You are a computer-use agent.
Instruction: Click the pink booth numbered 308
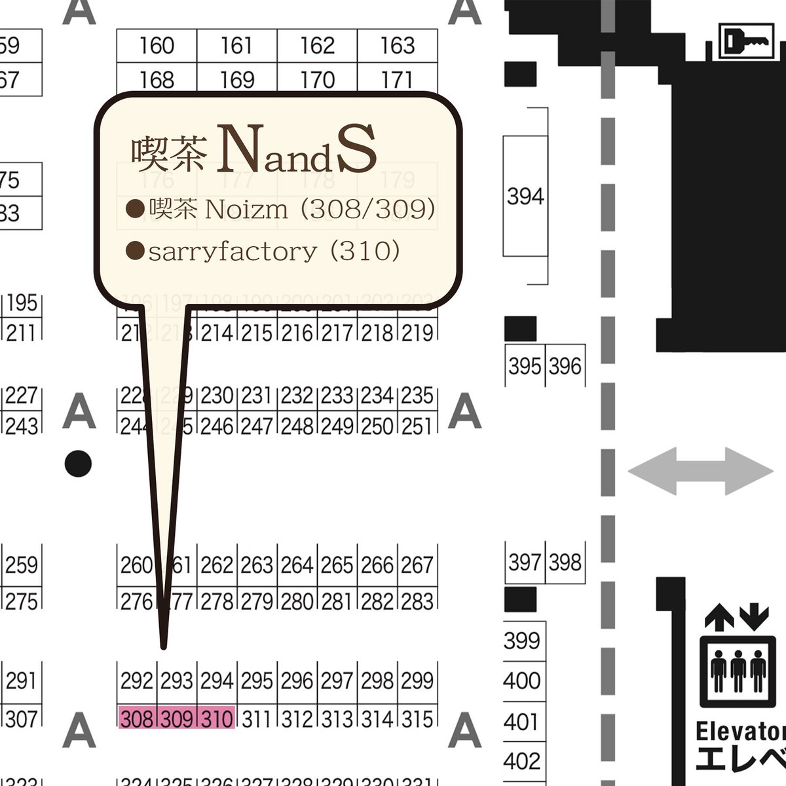tap(137, 719)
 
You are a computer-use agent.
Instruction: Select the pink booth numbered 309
tap(177, 719)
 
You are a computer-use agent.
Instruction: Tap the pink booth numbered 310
tap(217, 719)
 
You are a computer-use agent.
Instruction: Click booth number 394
tap(525, 196)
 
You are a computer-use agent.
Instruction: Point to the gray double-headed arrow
tap(700, 470)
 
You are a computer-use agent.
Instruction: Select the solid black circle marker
tap(79, 464)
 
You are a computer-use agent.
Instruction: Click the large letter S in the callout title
tap(357, 150)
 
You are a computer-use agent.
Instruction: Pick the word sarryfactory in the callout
tap(233, 251)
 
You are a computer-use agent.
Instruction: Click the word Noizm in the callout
tap(246, 210)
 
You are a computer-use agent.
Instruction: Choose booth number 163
tap(398, 46)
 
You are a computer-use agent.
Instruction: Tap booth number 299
tap(417, 681)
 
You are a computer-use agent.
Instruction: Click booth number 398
tap(565, 562)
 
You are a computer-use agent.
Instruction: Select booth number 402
tap(522, 761)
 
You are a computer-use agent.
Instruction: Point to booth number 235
tap(417, 396)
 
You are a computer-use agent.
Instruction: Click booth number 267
tap(417, 565)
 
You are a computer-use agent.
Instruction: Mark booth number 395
tap(525, 365)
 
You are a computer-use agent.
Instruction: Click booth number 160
tap(157, 46)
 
